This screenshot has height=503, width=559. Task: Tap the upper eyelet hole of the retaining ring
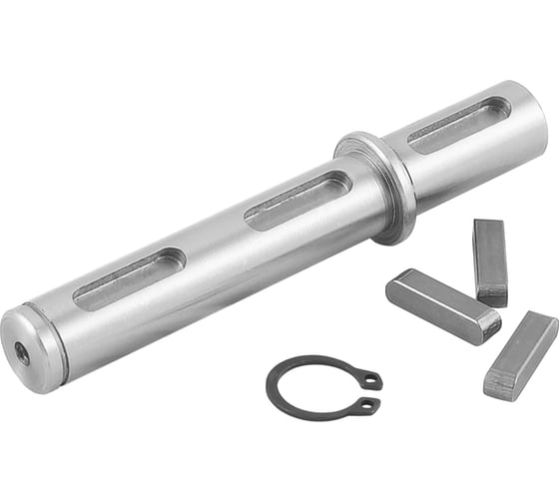coord(370,380)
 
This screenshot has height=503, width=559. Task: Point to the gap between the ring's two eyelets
coord(371,393)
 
